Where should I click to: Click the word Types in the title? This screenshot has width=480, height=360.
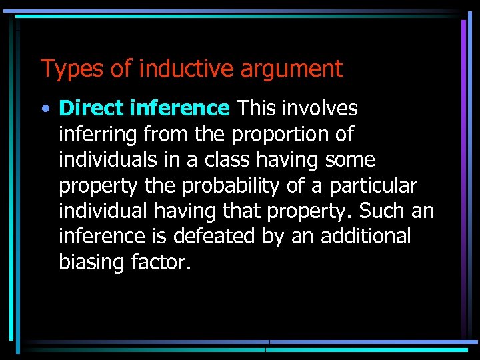tap(65, 69)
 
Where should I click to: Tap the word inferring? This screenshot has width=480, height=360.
tap(97, 134)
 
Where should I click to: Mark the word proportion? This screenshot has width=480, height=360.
tap(280, 134)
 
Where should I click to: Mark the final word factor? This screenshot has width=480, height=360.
tap(162, 263)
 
